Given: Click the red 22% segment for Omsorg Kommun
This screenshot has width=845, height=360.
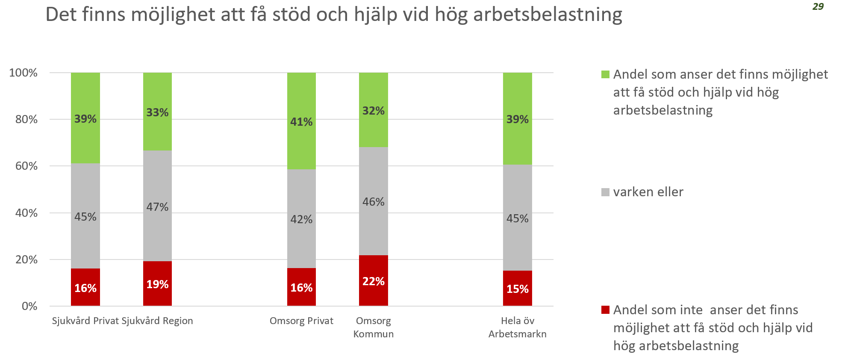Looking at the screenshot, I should click(373, 280).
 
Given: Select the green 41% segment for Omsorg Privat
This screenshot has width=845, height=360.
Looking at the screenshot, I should click(301, 121).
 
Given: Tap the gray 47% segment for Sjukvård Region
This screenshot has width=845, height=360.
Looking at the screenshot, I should click(157, 206).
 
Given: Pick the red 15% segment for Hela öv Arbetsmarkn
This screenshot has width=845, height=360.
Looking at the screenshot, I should click(517, 288).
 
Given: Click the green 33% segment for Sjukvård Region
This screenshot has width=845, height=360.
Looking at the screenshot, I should click(157, 112).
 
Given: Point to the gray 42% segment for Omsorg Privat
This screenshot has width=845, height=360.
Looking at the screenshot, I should click(301, 218).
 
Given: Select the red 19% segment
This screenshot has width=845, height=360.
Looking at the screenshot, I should click(157, 283).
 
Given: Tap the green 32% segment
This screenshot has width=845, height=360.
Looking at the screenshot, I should click(373, 110).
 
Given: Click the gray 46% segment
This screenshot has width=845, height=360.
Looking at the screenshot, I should click(373, 201).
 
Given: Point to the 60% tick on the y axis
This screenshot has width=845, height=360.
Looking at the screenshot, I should click(26, 166).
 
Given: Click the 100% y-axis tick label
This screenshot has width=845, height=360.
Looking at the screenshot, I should click(24, 73).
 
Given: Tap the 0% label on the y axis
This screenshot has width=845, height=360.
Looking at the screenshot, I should click(29, 306).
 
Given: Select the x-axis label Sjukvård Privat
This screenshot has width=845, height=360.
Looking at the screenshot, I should click(85, 321).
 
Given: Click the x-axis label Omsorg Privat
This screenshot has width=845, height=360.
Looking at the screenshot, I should click(301, 321).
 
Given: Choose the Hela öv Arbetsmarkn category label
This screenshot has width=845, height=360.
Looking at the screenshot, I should click(517, 327).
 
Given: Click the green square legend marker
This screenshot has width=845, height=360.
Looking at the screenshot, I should click(605, 74).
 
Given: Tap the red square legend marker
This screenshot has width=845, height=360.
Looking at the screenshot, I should click(605, 310).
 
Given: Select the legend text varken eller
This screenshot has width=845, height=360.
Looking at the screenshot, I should click(648, 192).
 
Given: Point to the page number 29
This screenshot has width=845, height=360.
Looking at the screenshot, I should click(818, 6).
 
